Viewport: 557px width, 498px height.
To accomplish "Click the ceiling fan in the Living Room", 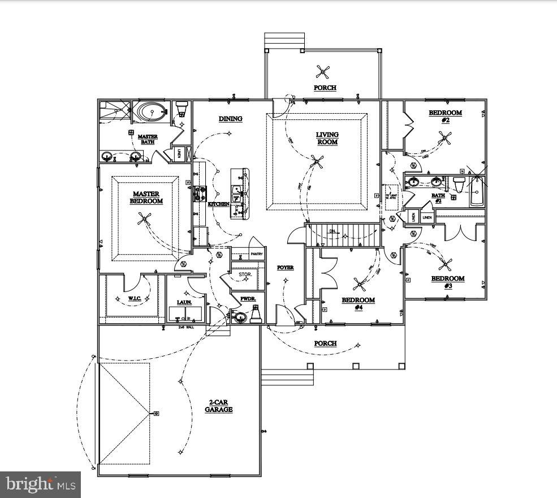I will tap(317, 164).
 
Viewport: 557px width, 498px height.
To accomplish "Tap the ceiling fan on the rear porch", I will tap(322, 71).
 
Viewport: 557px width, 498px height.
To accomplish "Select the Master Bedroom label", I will tap(146, 198).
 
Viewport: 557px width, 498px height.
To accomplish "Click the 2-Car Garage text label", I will tap(218, 406).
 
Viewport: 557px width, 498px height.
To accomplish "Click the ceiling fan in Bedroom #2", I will tap(445, 137).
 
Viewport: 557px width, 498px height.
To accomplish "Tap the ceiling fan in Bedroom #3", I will tap(446, 263).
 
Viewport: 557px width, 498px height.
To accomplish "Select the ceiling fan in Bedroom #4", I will tap(359, 284).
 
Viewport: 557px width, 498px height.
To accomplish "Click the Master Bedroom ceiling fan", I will tap(145, 219).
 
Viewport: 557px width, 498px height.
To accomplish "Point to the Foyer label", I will tap(285, 267).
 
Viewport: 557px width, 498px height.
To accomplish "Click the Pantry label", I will tap(257, 254).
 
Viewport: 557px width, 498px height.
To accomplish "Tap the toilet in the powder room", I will tap(256, 313).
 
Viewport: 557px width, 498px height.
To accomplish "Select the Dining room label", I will tap(231, 119).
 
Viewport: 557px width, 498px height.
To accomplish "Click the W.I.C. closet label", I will tap(134, 298).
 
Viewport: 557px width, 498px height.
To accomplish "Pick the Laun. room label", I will tap(184, 302).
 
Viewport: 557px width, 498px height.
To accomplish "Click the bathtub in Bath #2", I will tap(477, 191).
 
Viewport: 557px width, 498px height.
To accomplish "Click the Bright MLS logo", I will tap(40, 484).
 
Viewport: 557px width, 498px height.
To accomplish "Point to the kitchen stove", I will tap(198, 194).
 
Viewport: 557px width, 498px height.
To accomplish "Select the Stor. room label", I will tap(244, 274).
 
